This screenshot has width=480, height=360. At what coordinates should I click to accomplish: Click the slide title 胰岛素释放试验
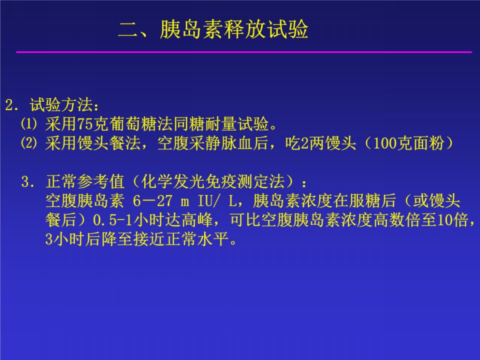[x=234, y=29]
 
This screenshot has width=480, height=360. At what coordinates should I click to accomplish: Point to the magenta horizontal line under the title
[x=244, y=52]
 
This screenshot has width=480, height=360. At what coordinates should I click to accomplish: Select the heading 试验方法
[x=61, y=105]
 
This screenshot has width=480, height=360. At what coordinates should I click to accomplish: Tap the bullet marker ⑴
[x=29, y=124]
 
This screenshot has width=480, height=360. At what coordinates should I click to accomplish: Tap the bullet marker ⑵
[x=29, y=143]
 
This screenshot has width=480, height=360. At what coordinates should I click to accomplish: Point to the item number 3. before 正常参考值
[x=29, y=181]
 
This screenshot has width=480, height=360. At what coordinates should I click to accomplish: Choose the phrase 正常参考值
[x=85, y=181]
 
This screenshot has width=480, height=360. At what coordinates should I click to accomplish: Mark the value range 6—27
[x=152, y=201]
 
